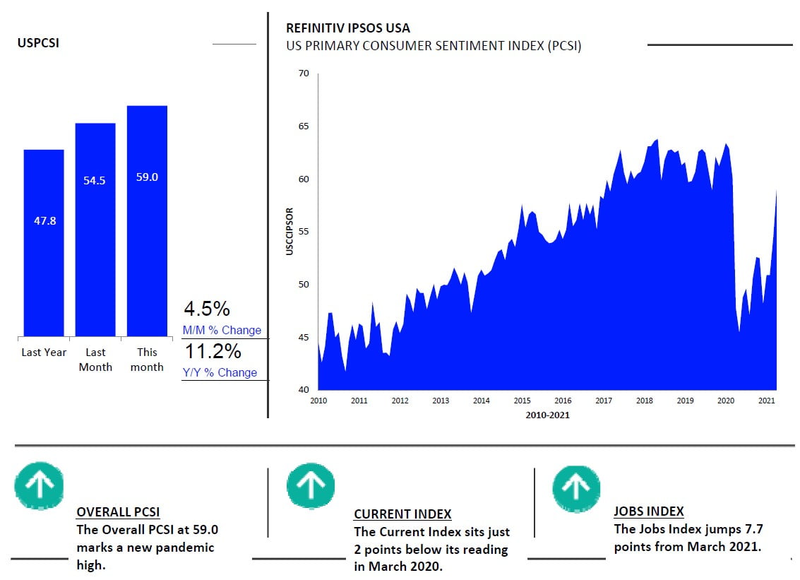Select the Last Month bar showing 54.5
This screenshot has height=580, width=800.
click(95, 230)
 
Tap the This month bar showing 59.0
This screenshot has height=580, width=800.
click(147, 220)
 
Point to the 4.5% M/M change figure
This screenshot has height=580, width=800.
click(207, 309)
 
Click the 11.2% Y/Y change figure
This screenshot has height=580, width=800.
click(213, 351)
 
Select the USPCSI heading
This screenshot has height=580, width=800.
click(38, 43)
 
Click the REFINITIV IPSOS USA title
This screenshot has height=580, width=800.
click(347, 28)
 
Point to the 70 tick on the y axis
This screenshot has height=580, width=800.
click(304, 73)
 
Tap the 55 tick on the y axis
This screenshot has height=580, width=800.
click(304, 232)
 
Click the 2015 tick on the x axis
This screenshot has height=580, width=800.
click(522, 401)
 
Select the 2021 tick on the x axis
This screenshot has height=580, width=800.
click(767, 401)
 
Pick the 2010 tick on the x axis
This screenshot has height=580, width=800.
click(318, 401)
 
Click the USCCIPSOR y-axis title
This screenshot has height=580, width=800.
click(289, 231)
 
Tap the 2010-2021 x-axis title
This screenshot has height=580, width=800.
click(547, 415)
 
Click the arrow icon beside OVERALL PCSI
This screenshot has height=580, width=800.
click(39, 485)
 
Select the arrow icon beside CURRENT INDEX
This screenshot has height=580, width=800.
click(311, 485)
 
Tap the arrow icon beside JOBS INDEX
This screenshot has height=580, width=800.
click(576, 488)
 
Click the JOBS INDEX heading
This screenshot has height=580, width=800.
click(648, 511)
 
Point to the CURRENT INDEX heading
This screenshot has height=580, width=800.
click(402, 514)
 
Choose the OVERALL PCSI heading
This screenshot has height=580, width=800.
click(118, 512)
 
